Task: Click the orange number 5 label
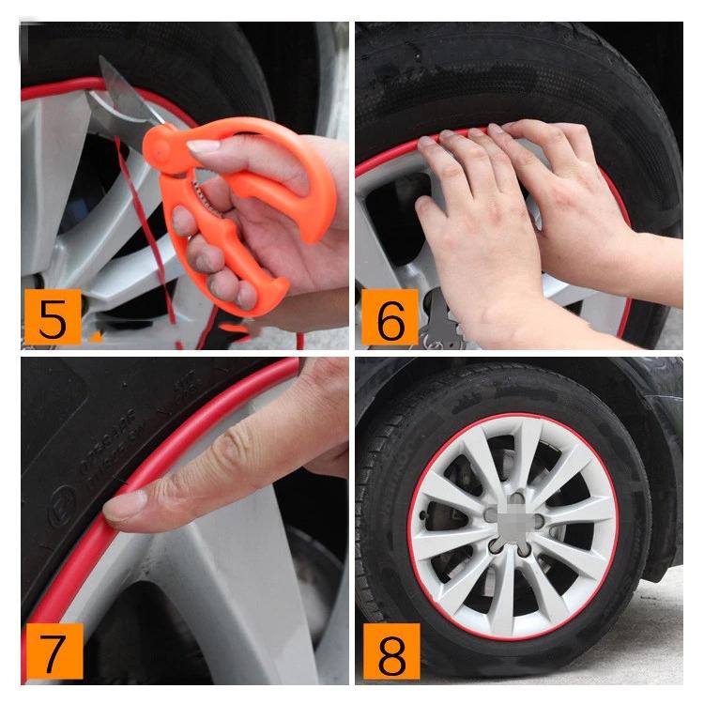point(54,319)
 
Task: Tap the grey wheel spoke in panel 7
point(235,582)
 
